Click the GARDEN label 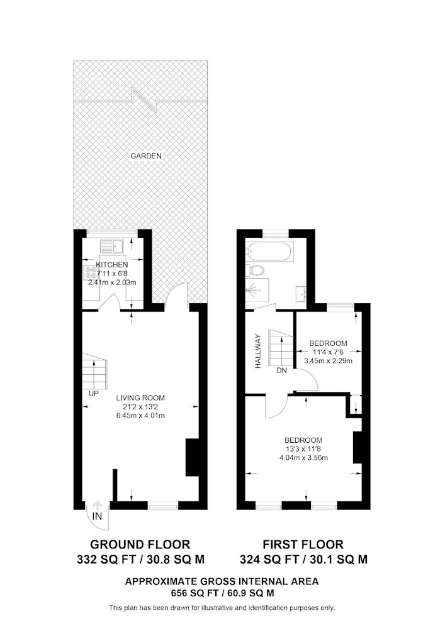(146, 155)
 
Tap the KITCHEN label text (112, 265)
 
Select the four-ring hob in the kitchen (91, 272)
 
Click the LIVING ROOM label (140, 398)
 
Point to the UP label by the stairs (94, 394)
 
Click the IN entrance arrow (97, 506)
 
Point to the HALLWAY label (259, 352)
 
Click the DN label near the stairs (282, 370)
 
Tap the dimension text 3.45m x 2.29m (328, 360)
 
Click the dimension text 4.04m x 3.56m (303, 457)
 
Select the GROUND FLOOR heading (140, 544)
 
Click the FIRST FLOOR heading (303, 544)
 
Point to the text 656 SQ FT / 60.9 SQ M (222, 593)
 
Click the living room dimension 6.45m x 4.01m (140, 416)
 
